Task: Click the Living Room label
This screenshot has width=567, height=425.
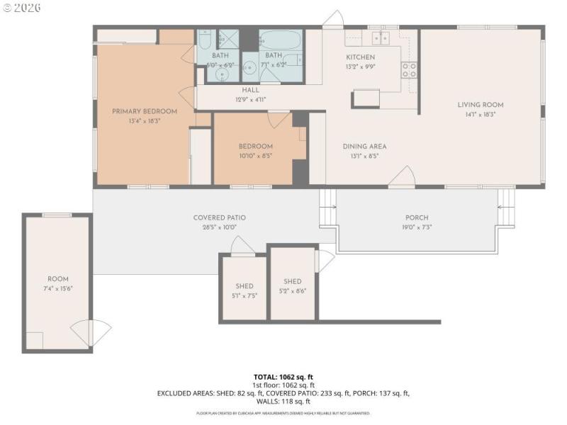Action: click(x=480, y=105)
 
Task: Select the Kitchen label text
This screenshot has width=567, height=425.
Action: click(x=360, y=57)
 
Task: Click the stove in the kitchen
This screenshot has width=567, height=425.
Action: click(x=409, y=69)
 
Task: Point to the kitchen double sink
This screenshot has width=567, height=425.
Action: click(x=378, y=38)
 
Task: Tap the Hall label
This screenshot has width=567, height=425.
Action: click(x=250, y=90)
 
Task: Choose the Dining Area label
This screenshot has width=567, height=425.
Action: click(x=364, y=147)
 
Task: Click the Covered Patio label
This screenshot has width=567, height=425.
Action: click(x=219, y=217)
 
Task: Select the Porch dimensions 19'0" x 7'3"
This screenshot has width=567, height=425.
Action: click(x=417, y=227)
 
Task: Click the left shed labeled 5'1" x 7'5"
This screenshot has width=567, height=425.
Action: click(x=244, y=291)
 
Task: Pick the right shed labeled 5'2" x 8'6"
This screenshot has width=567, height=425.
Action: click(x=292, y=286)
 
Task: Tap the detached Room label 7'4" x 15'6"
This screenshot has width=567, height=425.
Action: click(x=58, y=284)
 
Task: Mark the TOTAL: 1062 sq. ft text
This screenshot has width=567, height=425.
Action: click(x=283, y=378)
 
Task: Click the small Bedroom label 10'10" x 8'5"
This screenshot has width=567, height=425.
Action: click(x=255, y=151)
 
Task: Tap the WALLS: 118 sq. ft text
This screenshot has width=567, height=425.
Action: click(x=283, y=401)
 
